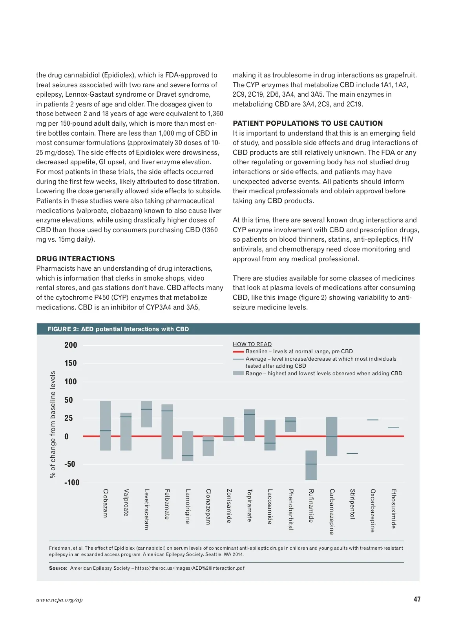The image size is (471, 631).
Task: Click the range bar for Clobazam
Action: (105, 425)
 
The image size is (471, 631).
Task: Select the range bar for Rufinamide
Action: (311, 465)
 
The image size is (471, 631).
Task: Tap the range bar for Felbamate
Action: (167, 431)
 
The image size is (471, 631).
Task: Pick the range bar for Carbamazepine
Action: (332, 436)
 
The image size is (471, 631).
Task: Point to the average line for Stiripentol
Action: (352, 453)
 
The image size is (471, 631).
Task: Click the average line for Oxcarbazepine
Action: (373, 420)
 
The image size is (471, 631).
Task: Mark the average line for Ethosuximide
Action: (393, 428)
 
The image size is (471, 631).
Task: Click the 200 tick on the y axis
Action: (71, 345)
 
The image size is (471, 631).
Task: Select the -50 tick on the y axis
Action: (69, 464)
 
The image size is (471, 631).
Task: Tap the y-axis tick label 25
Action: (69, 418)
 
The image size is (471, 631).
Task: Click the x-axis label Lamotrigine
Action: (188, 506)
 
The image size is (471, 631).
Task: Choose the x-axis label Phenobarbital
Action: (291, 509)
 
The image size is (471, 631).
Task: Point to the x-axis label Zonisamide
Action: (229, 506)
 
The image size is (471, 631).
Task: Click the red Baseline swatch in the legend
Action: (238, 352)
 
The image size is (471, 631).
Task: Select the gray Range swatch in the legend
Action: (238, 373)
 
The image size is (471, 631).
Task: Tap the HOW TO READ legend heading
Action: (252, 344)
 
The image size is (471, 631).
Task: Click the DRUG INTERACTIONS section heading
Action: (75, 259)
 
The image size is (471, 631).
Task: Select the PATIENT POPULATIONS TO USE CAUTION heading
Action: (307, 123)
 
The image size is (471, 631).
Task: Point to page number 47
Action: (417, 599)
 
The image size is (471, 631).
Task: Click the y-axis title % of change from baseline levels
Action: (53, 424)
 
